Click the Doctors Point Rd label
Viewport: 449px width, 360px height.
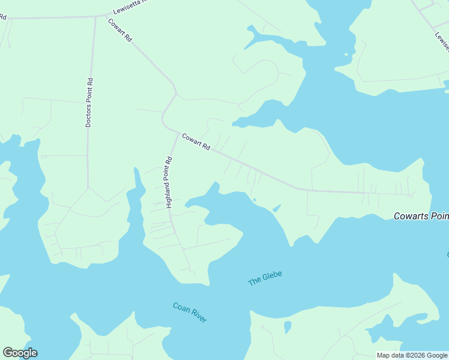pos(88,103)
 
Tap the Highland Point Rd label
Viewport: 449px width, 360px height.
pos(169,182)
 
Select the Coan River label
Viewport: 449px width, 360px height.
pos(190,313)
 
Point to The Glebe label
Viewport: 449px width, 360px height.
pos(265,278)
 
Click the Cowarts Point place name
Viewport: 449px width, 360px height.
pos(421,217)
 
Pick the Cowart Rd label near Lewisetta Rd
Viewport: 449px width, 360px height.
pos(120,30)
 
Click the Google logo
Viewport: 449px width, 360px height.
pos(20,353)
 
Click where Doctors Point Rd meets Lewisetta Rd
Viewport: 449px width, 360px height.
pos(95,17)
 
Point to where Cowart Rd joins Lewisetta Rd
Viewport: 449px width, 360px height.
pos(106,15)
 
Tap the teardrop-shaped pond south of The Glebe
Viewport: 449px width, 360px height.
pos(288,327)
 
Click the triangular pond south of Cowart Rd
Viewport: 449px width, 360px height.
pos(277,208)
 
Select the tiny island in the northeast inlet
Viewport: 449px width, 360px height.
pos(346,55)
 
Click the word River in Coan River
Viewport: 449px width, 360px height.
pos(197,316)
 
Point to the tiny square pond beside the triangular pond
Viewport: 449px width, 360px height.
pos(255,199)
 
